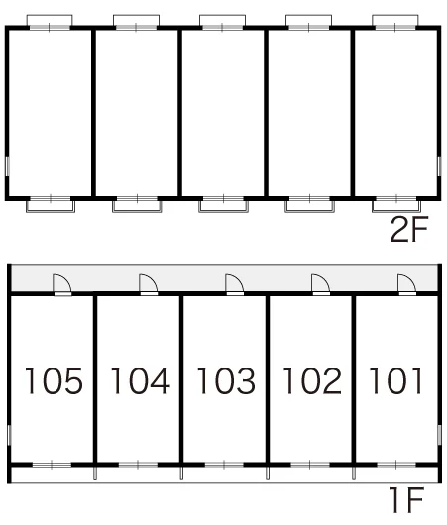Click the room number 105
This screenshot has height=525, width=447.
pyautogui.click(x=54, y=380)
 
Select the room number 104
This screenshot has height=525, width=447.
pyautogui.click(x=141, y=380)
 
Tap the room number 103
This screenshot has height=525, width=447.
pyautogui.click(x=227, y=380)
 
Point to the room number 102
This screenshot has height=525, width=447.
pyautogui.click(x=312, y=380)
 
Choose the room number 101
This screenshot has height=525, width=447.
pyautogui.click(x=395, y=380)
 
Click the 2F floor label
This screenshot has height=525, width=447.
pyautogui.click(x=409, y=229)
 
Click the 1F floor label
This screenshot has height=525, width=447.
pyautogui.click(x=406, y=499)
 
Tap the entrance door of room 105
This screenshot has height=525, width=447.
pyautogui.click(x=62, y=285)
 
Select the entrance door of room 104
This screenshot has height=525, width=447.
pyautogui.click(x=149, y=285)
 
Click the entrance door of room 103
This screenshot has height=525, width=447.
pyautogui.click(x=235, y=285)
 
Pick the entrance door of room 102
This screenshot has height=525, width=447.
pyautogui.click(x=321, y=285)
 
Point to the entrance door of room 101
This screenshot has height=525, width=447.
pyautogui.click(x=406, y=285)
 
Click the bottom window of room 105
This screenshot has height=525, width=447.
pyautogui.click(x=52, y=465)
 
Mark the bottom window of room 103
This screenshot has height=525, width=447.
pyautogui.click(x=224, y=465)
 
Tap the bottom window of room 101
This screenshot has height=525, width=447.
pyautogui.click(x=396, y=465)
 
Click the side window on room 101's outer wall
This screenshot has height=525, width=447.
pyautogui.click(x=439, y=435)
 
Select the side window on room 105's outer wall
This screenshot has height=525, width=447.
pyautogui.click(x=9, y=435)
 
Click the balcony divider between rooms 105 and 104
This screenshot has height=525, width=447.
pyautogui.click(x=95, y=473)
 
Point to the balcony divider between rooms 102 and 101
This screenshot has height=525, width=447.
pyautogui.click(x=354, y=473)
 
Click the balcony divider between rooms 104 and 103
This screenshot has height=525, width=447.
pyautogui.click(x=181, y=473)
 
